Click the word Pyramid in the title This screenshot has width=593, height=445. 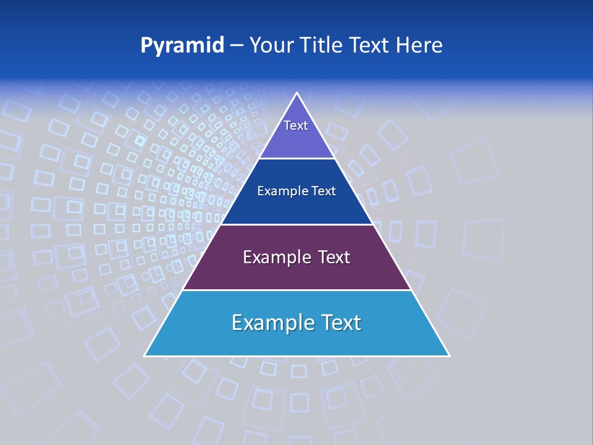coord(182,46)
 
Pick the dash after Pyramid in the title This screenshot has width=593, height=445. coord(237,46)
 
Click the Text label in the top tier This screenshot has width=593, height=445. coord(296,125)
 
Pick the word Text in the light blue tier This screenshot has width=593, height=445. coord(339,323)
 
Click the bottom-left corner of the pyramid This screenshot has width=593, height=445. coord(145,355)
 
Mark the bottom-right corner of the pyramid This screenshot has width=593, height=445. coord(448,355)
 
